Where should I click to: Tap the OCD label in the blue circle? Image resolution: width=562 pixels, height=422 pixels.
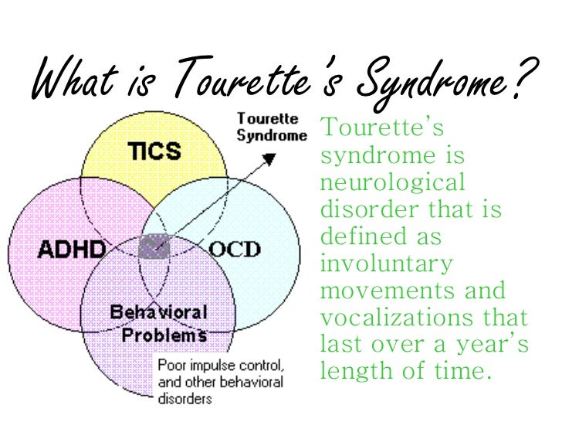pyautogui.click(x=235, y=250)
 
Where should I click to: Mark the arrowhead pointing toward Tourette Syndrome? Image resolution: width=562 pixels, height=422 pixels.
pyautogui.click(x=269, y=158)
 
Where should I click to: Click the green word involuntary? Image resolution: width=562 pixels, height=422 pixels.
pyautogui.click(x=385, y=264)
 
